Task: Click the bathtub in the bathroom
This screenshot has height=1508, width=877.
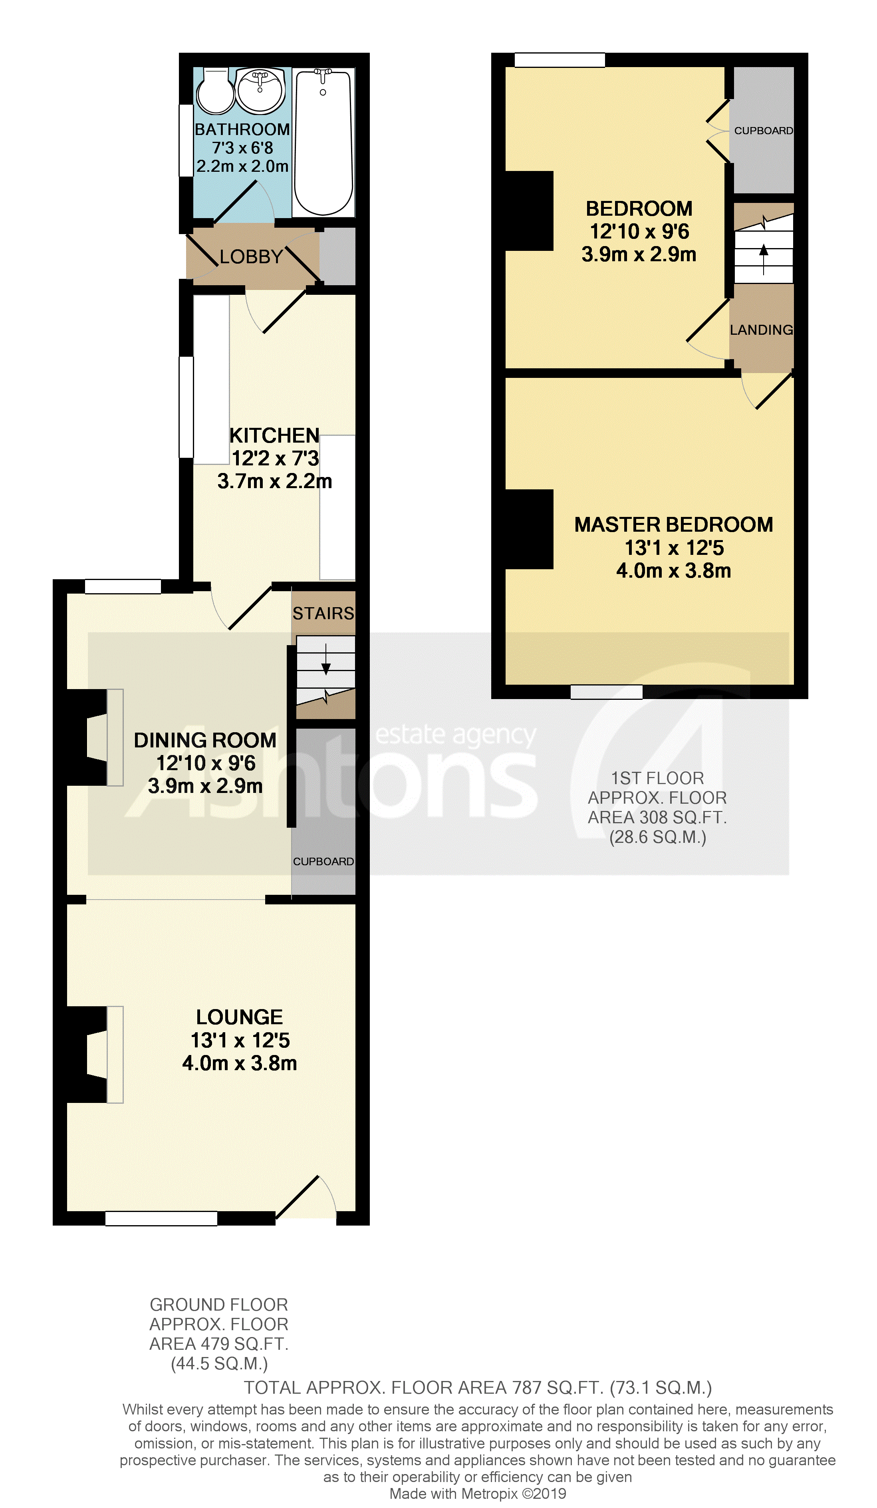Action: [323, 143]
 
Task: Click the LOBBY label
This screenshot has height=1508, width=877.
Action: [251, 257]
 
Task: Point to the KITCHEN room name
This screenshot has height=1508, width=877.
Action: [275, 435]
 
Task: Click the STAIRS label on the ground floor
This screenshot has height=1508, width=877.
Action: [323, 613]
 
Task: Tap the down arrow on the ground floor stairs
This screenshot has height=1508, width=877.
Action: [326, 660]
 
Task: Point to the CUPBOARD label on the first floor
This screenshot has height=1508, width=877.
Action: [763, 131]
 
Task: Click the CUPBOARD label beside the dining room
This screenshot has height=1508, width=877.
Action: [323, 861]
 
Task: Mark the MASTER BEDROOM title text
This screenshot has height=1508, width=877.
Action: [674, 525]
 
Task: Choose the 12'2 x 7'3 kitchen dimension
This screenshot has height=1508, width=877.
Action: [275, 458]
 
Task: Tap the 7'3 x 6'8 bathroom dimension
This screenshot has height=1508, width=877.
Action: [242, 148]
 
